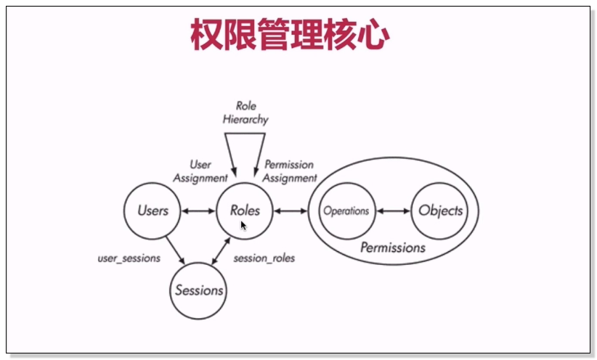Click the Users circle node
coord(153,211)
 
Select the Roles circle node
coord(245,210)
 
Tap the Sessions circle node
coord(198,290)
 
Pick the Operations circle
coord(346,211)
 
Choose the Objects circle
coord(440,211)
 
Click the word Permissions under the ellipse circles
coord(393,247)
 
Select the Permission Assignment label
coord(290,171)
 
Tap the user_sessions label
coord(129,258)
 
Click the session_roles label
coord(264,258)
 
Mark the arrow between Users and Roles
coord(198,211)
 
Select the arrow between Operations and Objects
coord(393,211)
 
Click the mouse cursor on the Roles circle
coord(244,226)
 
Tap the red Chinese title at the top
coord(290,34)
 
